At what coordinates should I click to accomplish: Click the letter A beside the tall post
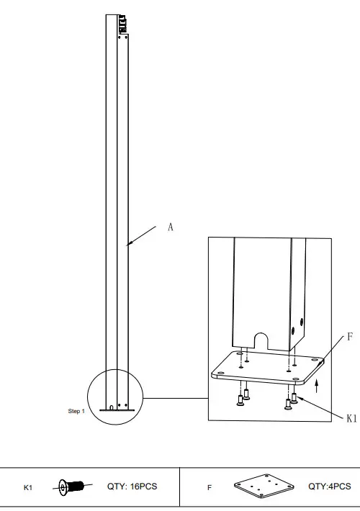pos(171,227)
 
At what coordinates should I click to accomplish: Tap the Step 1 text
pos(76,411)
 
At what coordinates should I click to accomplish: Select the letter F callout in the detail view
pos(349,336)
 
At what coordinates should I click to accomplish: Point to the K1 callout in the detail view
pos(351,417)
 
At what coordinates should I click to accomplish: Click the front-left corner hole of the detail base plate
pos(220,374)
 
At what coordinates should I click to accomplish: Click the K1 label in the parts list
pos(28,488)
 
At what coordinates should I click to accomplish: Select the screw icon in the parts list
pos(73,487)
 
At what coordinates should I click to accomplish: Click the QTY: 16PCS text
pos(132,487)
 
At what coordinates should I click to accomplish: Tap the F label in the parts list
pos(210,488)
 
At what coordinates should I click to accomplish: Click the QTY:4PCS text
pos(330,487)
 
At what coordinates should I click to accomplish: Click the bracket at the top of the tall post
pos(122,26)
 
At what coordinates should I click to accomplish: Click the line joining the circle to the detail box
pos(176,397)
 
